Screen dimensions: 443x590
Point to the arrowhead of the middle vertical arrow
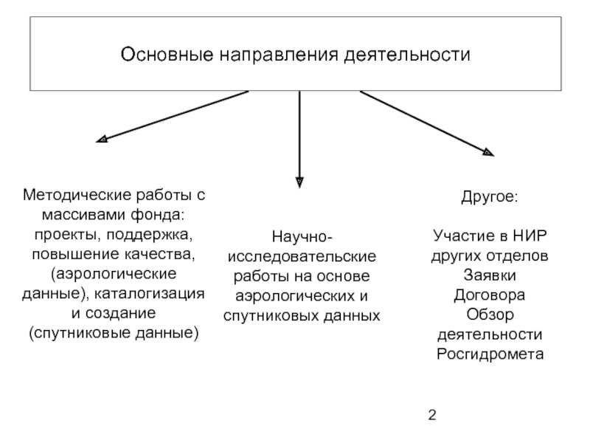[x=299, y=181]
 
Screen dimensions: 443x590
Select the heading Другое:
[x=490, y=199]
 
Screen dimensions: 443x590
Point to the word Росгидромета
[x=490, y=353]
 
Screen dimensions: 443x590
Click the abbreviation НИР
[x=530, y=238]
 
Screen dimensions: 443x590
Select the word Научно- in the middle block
[x=302, y=238]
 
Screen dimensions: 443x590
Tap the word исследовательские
[x=302, y=257]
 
